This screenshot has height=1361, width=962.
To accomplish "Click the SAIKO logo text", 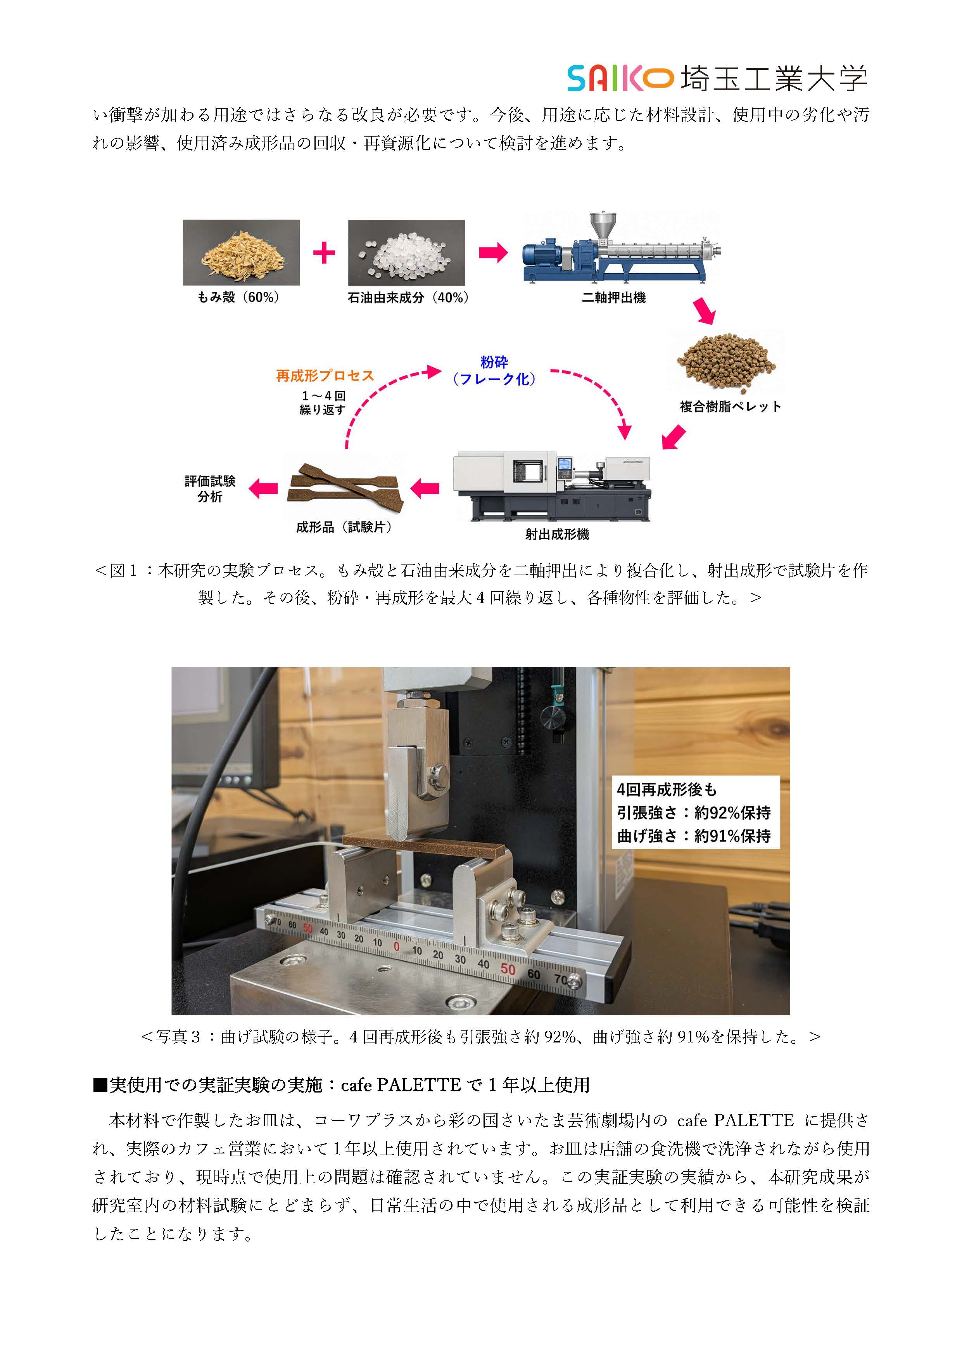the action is [620, 79].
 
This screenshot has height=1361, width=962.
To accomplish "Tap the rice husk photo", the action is [241, 253].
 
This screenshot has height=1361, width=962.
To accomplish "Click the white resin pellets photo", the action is [406, 253].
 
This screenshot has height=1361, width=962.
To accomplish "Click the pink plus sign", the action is [324, 253].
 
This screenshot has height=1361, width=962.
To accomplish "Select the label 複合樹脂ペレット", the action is [731, 407].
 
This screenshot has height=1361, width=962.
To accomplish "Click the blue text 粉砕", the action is [494, 362].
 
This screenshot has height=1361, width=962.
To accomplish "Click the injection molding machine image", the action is [551, 487].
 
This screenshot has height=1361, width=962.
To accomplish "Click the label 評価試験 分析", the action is [210, 489].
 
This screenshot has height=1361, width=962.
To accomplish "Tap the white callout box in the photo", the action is [696, 812].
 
